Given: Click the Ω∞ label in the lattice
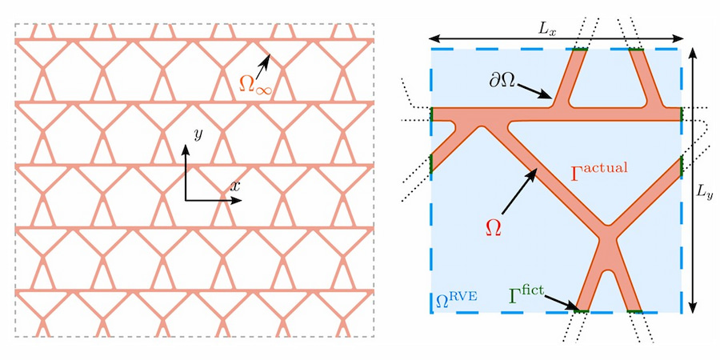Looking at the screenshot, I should pyautogui.click(x=255, y=82).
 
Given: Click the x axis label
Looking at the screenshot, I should pyautogui.click(x=235, y=186).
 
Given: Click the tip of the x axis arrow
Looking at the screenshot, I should pyautogui.click(x=241, y=199).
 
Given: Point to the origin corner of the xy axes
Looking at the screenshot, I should pyautogui.click(x=186, y=199).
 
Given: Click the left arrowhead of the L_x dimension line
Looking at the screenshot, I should pyautogui.click(x=430, y=37).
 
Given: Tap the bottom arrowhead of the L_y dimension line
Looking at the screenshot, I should pyautogui.click(x=693, y=310).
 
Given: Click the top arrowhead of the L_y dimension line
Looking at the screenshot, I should pyautogui.click(x=693, y=48).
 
